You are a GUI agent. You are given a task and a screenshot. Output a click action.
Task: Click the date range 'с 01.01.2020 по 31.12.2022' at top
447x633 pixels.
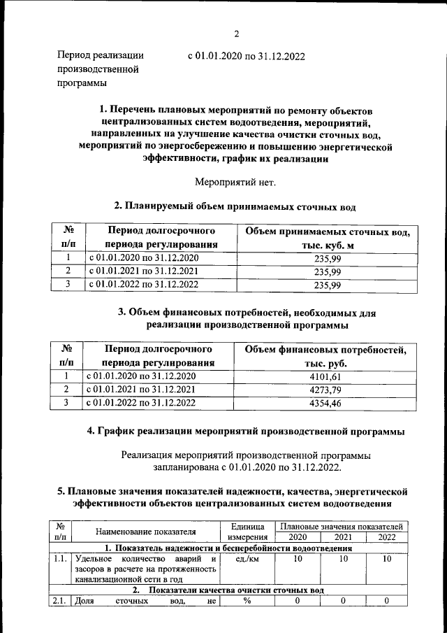[247, 56]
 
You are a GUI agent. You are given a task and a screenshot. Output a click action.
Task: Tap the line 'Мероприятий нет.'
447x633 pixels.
[235, 183]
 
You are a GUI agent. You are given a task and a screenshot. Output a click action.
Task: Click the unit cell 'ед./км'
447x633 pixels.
[247, 560]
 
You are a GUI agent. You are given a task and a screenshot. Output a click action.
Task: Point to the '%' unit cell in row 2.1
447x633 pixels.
[247, 602]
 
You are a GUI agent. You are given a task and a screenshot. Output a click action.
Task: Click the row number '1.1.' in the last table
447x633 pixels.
[60, 560]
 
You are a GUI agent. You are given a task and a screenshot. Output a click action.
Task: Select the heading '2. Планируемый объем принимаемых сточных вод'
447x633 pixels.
[235, 206]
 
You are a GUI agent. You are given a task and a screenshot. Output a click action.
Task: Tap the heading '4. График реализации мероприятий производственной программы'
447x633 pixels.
[245, 432]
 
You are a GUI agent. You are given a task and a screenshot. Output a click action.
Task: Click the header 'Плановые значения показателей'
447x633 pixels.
[341, 525]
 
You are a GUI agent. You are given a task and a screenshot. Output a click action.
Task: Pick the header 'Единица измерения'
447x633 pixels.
[247, 531]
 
